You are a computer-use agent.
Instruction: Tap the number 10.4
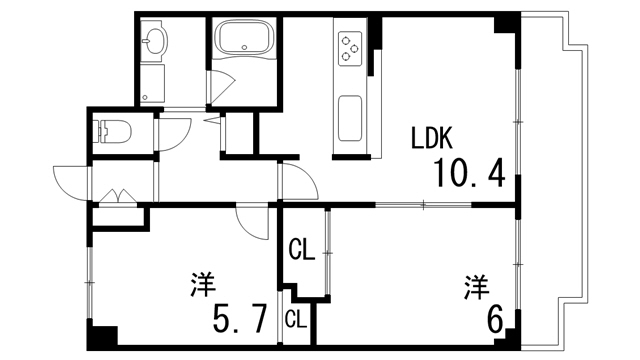coord(468,175)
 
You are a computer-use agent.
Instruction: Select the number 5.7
coord(239,319)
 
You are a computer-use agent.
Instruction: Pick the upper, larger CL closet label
coord(302,249)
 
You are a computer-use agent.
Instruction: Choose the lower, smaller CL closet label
coord(295,320)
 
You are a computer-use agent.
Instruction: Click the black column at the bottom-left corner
coord(102,337)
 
